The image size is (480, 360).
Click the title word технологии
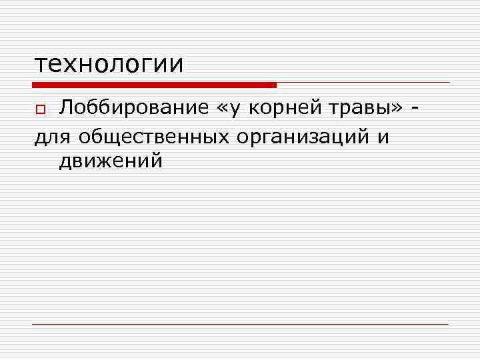point(109,64)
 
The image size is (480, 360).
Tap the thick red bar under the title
point(154,85)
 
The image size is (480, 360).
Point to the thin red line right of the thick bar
point(363,83)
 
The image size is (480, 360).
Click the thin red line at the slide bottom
point(240,324)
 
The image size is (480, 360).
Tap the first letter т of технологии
point(41,65)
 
